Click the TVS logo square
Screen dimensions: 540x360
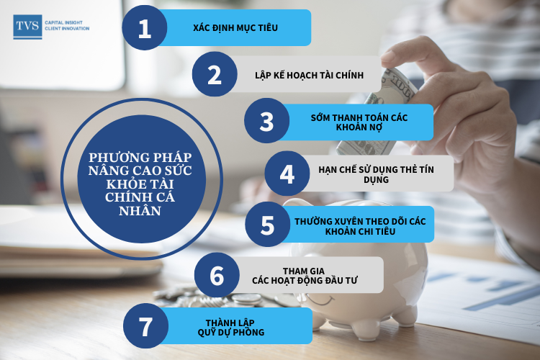pyautogui.click(x=27, y=27)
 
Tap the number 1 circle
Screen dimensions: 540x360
pyautogui.click(x=145, y=27)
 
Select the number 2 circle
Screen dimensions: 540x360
pyautogui.click(x=215, y=74)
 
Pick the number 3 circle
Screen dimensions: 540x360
pyautogui.click(x=267, y=120)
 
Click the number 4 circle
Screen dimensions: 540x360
pyautogui.click(x=287, y=174)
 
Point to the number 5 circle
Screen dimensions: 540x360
pyautogui.click(x=268, y=224)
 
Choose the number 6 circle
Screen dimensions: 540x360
pyautogui.click(x=217, y=275)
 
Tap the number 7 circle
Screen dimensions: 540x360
pyautogui.click(x=145, y=326)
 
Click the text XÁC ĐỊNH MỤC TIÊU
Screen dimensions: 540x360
pyautogui.click(x=235, y=27)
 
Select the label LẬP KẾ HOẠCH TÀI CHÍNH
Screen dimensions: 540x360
pyautogui.click(x=310, y=75)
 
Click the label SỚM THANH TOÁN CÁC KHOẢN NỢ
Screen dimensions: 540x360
pyautogui.click(x=359, y=122)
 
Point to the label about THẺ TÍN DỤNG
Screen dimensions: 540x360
pyautogui.click(x=376, y=174)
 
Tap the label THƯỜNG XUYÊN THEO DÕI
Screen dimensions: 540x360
pyautogui.click(x=360, y=226)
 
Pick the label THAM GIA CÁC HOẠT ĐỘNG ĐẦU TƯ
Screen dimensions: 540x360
pyautogui.click(x=305, y=276)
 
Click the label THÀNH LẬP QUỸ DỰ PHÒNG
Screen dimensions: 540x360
pyautogui.click(x=230, y=328)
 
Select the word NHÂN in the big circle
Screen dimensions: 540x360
pyautogui.click(x=140, y=210)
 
